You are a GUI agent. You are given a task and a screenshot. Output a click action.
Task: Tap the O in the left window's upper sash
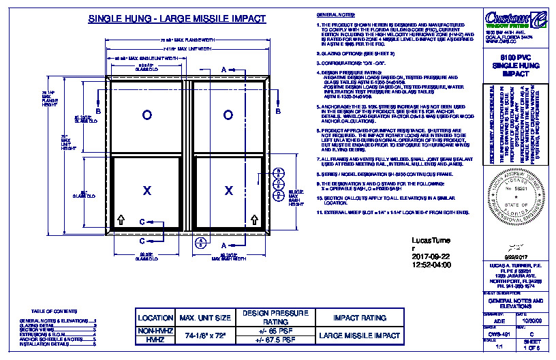(146, 115)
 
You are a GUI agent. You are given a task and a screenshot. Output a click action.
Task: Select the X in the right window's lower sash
(228, 190)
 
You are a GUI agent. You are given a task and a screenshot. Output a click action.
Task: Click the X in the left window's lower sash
(146, 190)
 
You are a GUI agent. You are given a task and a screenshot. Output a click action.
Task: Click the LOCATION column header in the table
(156, 318)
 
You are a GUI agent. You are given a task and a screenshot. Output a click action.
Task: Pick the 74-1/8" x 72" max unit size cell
(206, 336)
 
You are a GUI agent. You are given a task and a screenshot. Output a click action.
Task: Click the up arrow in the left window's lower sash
(121, 219)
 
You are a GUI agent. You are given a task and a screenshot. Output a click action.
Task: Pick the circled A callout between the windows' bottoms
(200, 243)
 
